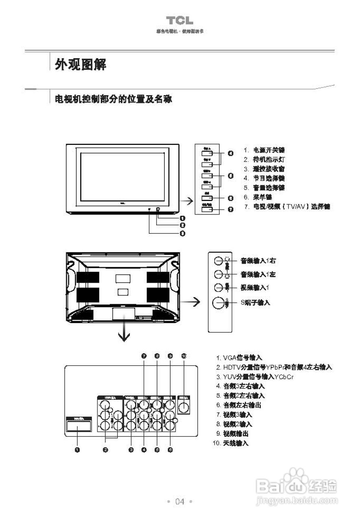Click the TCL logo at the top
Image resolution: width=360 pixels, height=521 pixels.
pyautogui.click(x=179, y=20)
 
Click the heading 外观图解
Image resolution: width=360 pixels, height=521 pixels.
pyautogui.click(x=81, y=64)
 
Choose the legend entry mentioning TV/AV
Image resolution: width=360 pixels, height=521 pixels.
pyautogui.click(x=287, y=207)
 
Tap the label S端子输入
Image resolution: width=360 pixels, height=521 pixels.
pyautogui.click(x=255, y=302)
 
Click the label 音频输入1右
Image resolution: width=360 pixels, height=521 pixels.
pyautogui.click(x=258, y=261)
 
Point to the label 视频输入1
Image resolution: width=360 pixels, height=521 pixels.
pyautogui.click(x=255, y=288)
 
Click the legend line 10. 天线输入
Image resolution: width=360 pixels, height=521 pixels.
pyautogui.click(x=231, y=443)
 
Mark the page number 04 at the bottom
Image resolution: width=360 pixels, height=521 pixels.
pyautogui.click(x=179, y=501)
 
